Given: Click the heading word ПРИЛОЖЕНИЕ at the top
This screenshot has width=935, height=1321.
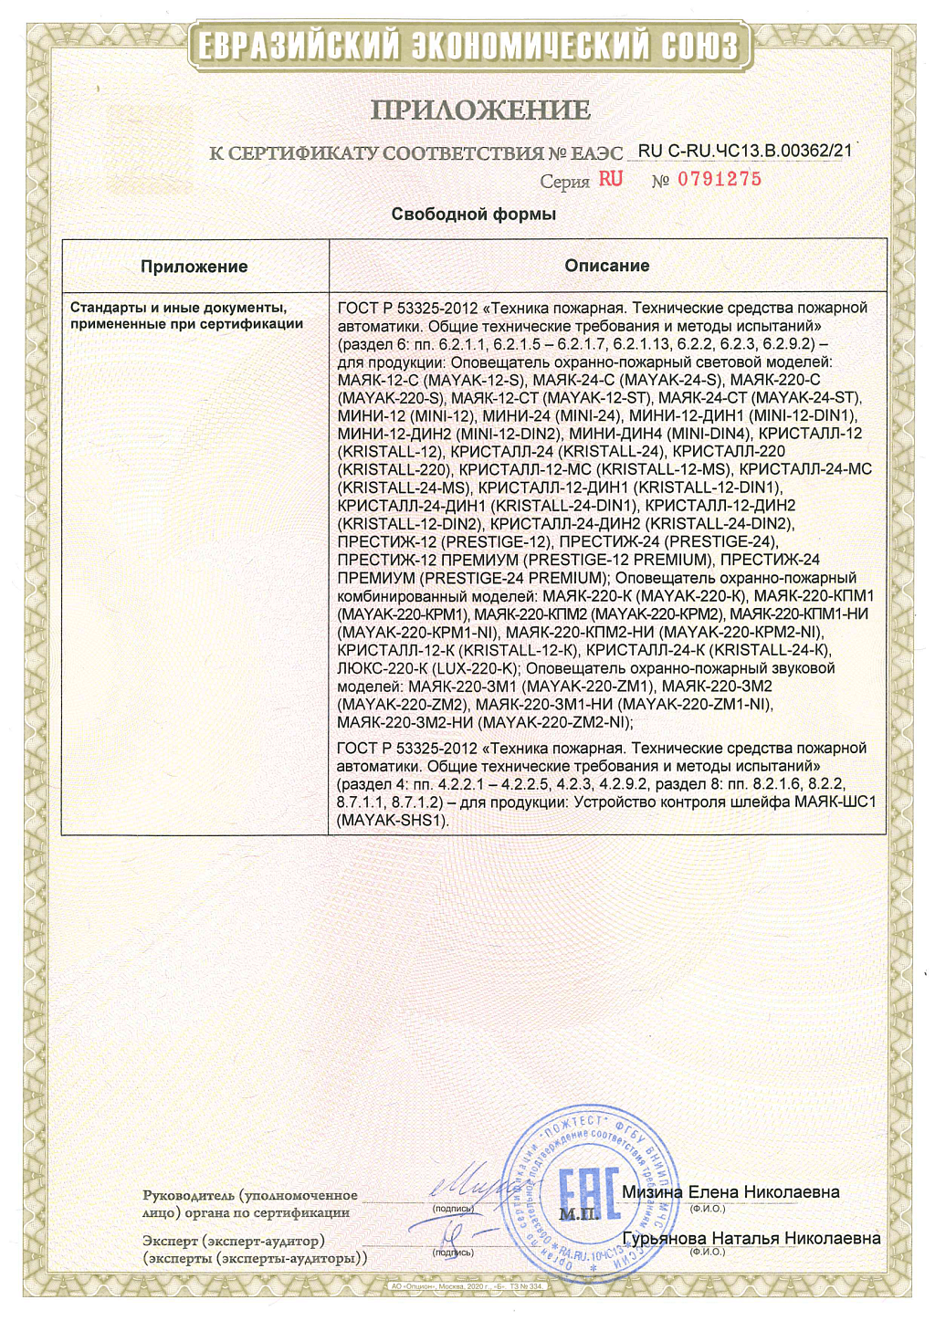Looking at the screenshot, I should tap(480, 110).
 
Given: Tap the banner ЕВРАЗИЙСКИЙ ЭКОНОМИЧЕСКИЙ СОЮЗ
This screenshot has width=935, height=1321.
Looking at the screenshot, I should tap(467, 45).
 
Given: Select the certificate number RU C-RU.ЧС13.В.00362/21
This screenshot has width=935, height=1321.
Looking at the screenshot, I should tap(744, 151).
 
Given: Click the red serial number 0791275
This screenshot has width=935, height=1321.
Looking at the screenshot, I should tap(720, 179).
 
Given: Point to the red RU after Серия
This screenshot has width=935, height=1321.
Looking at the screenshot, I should tap(611, 179).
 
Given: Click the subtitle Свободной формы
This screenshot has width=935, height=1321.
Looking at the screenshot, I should tap(473, 215).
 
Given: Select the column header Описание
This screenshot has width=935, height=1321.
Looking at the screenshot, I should tap(607, 266).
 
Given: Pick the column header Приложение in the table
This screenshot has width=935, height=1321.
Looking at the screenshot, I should tap(194, 267).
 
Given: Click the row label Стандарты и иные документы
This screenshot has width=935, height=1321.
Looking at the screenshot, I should tap(179, 308).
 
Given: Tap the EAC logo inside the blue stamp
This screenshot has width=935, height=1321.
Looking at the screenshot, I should tap(588, 1192).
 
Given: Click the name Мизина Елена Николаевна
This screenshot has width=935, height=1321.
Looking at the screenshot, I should tap(730, 1192).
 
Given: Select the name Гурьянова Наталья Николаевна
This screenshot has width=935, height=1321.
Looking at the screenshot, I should tap(751, 1239).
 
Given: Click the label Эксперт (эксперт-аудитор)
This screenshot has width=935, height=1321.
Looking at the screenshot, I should tap(234, 1242).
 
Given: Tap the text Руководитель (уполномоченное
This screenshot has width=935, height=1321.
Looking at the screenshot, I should tap(250, 1195).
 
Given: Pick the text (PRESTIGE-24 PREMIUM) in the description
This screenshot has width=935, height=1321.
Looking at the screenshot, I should tap(515, 578).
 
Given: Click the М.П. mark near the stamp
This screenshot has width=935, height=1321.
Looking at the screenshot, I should tap(577, 1214).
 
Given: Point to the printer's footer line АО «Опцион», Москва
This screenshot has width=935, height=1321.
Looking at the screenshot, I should tap(467, 1286).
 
